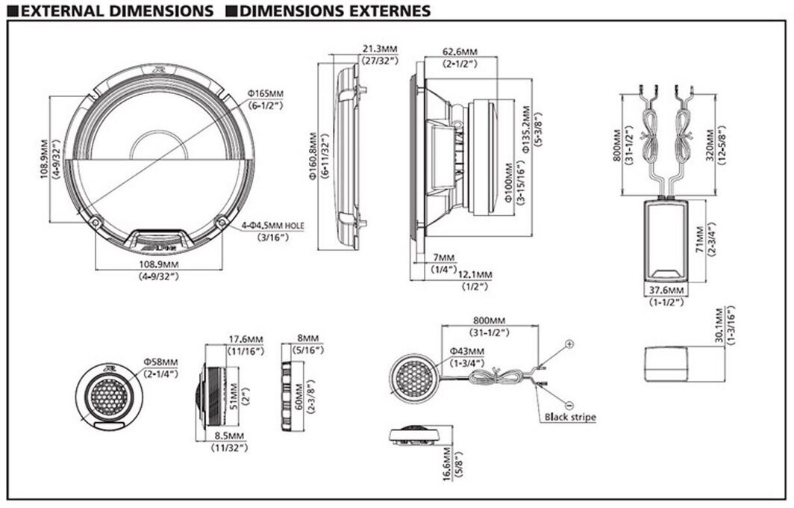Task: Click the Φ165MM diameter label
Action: point(266,93)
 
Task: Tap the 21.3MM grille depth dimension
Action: point(380,49)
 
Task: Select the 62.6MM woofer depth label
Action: point(459,52)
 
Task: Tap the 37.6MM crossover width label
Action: point(666,290)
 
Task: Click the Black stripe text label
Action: point(570,417)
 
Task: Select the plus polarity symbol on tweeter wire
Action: point(569,344)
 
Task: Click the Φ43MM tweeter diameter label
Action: point(466,351)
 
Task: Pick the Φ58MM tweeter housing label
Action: point(161,362)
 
